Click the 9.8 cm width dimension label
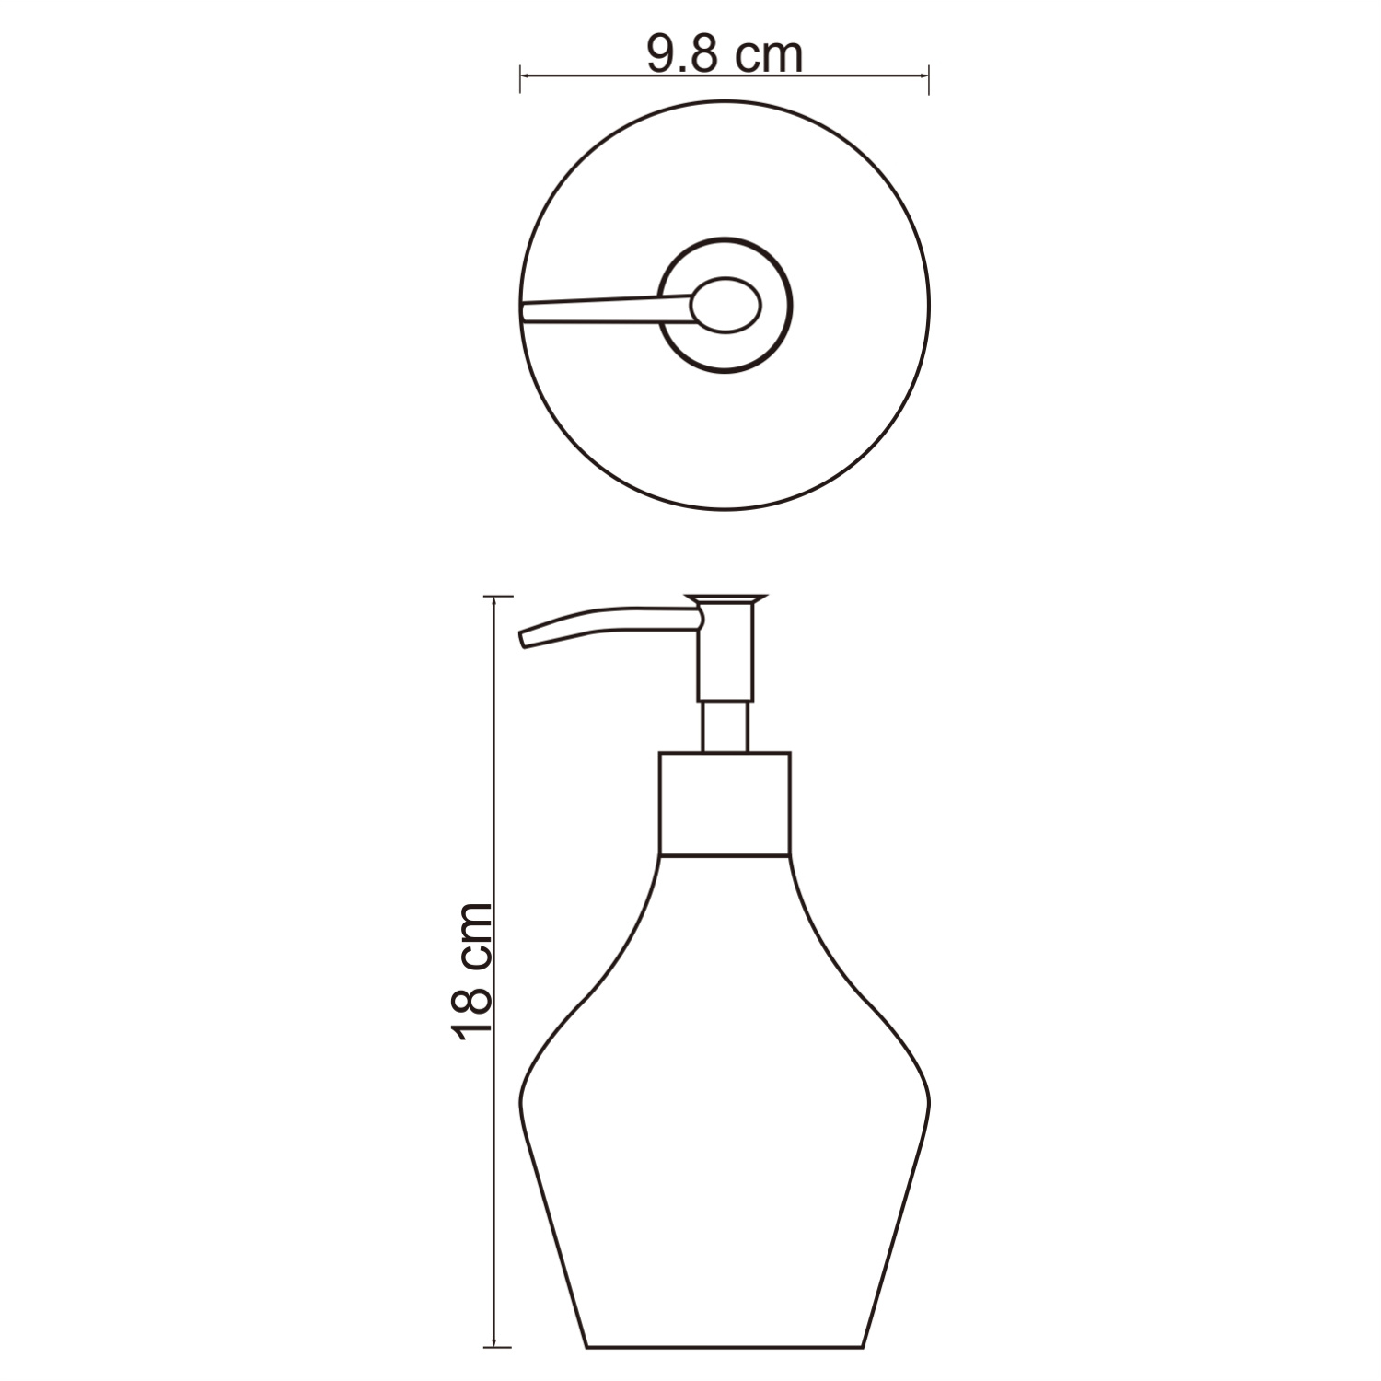pyautogui.click(x=725, y=55)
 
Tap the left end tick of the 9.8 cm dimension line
pyautogui.click(x=521, y=78)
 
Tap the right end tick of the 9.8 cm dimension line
pyautogui.click(x=929, y=78)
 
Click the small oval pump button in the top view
pyautogui.click(x=727, y=305)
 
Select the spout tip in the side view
pyautogui.click(x=526, y=639)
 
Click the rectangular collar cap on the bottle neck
pyautogui.click(x=725, y=804)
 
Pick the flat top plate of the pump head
pyautogui.click(x=725, y=599)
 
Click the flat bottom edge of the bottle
pyautogui.click(x=725, y=1348)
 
